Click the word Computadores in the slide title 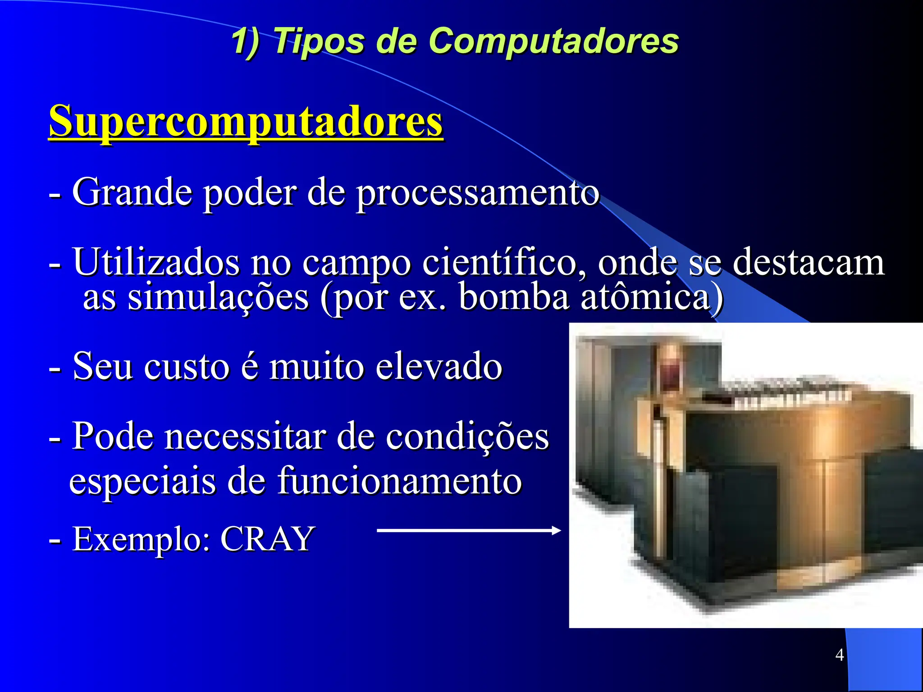[x=554, y=41]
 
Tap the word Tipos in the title [x=318, y=41]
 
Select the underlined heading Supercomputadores [x=246, y=121]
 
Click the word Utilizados [x=156, y=262]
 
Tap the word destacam [x=809, y=262]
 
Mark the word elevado [x=439, y=367]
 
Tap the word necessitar [x=245, y=436]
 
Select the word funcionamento [x=399, y=481]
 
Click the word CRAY [x=267, y=539]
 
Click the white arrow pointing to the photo [x=468, y=531]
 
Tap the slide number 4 [x=839, y=655]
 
